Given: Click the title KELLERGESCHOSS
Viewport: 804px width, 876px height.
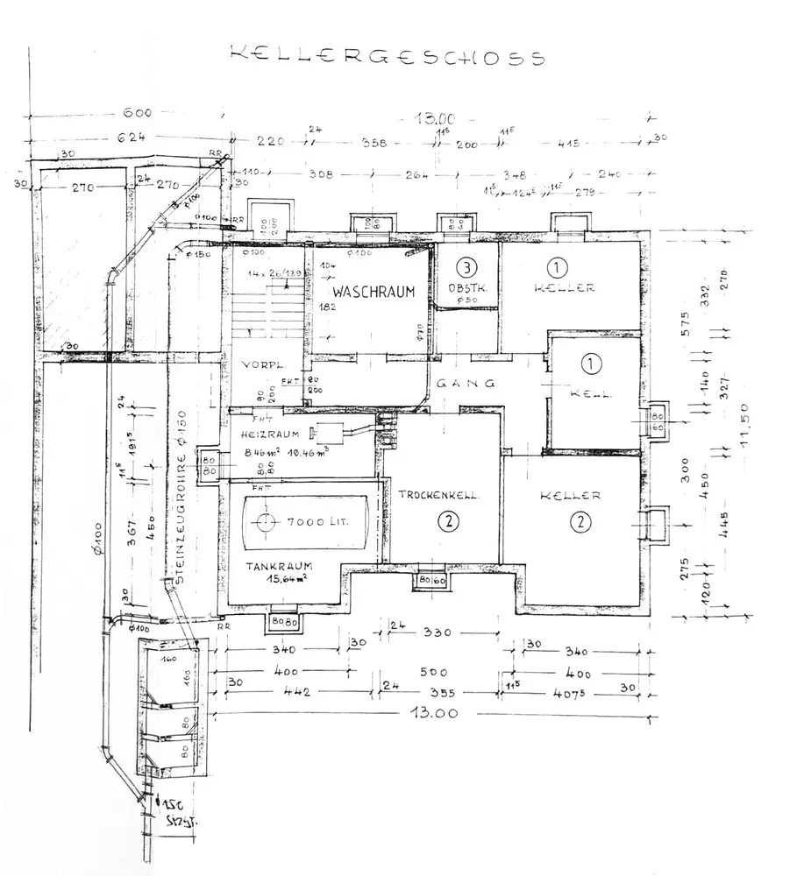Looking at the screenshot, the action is click(387, 56).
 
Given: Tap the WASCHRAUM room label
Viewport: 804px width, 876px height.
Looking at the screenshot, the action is click(372, 293).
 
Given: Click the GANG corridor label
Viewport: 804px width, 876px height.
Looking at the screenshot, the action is click(466, 383).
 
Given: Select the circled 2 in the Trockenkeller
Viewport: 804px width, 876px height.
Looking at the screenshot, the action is click(448, 522).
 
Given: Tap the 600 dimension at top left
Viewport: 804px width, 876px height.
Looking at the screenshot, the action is click(137, 113).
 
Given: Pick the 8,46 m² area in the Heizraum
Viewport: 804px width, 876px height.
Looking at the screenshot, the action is click(251, 454).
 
